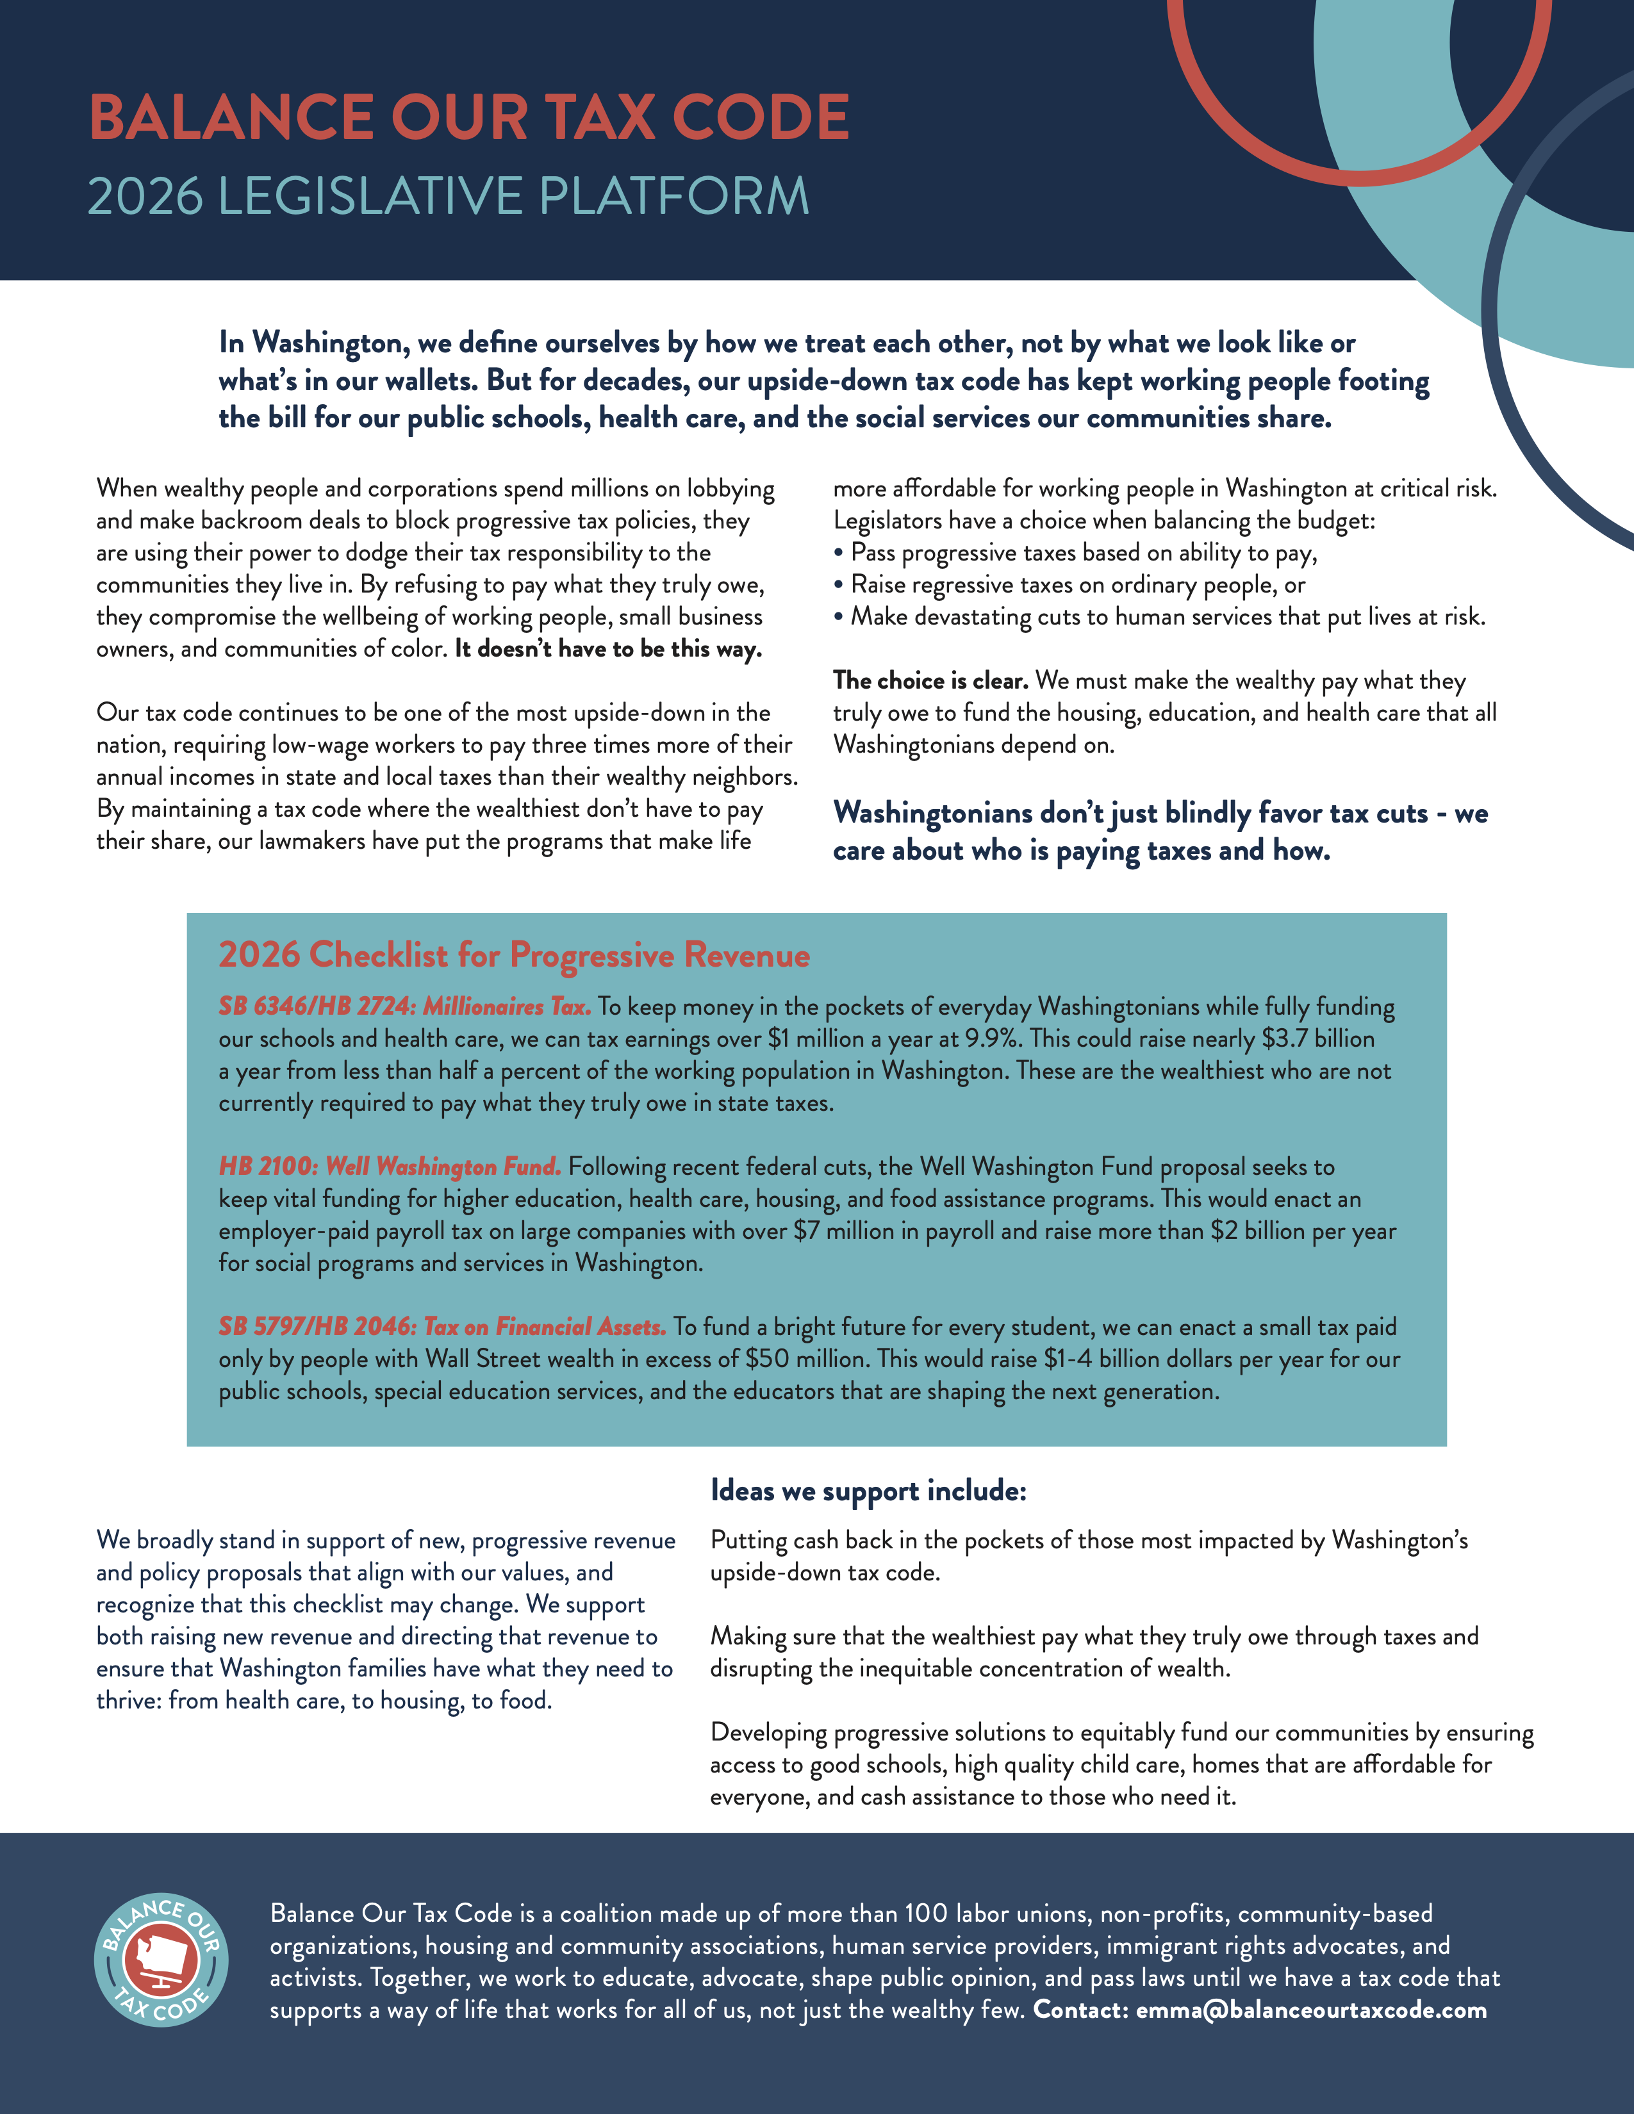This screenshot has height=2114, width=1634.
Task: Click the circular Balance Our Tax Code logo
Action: (161, 1960)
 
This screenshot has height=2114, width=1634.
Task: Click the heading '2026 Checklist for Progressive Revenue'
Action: (514, 955)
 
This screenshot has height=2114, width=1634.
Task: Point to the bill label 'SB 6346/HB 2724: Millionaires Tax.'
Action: (404, 1006)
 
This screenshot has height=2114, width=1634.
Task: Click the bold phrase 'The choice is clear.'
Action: (930, 680)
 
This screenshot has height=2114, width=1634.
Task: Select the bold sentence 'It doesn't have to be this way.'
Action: (608, 648)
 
